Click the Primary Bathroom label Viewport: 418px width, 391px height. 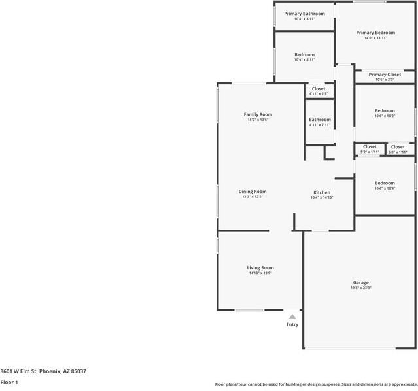pyautogui.click(x=304, y=13)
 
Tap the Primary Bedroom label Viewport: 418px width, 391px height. pyautogui.click(x=375, y=32)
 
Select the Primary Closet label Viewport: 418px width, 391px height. pyautogui.click(x=385, y=75)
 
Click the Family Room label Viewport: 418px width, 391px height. pyautogui.click(x=258, y=114)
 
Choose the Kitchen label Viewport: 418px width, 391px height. pyautogui.click(x=321, y=192)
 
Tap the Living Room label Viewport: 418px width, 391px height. pyautogui.click(x=260, y=267)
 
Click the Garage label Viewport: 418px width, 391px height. pyautogui.click(x=361, y=282)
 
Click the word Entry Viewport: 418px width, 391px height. pyautogui.click(x=292, y=324)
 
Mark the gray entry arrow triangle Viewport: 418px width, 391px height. pyautogui.click(x=292, y=316)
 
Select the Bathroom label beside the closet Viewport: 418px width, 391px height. pyautogui.click(x=320, y=120)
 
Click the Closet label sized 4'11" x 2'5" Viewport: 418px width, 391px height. pyautogui.click(x=319, y=88)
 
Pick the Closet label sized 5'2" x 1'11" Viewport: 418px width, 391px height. pyautogui.click(x=370, y=146)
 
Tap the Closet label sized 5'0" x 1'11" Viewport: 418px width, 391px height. pyautogui.click(x=398, y=146)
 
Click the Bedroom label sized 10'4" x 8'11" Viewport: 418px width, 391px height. pyautogui.click(x=304, y=54)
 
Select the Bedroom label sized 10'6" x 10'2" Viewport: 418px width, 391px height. pyautogui.click(x=385, y=110)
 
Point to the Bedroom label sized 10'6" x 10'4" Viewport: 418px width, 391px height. pyautogui.click(x=385, y=183)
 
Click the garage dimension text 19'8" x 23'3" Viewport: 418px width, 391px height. pyautogui.click(x=361, y=288)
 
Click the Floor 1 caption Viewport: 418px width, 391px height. pyautogui.click(x=9, y=382)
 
